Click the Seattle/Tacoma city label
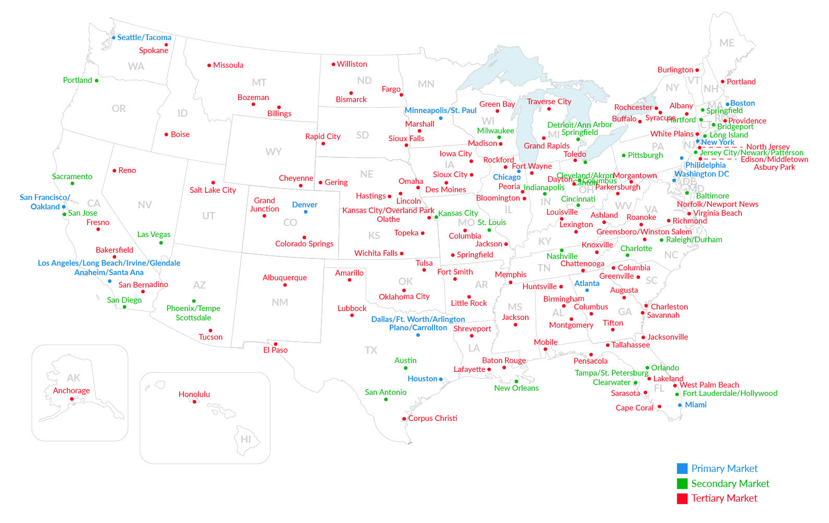coord(144,38)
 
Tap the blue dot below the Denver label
coord(305,212)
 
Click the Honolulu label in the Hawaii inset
coord(194,394)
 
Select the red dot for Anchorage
coord(72,399)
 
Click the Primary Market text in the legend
coord(724,468)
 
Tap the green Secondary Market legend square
coord(682,483)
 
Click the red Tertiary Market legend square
coord(682,499)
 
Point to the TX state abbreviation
coord(370,350)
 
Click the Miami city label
coord(696,405)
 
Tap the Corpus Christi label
coord(432,418)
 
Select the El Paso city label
coord(275,350)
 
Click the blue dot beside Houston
coord(441,379)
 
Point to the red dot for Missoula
coord(209,66)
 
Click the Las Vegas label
coord(154,234)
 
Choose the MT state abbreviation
coord(259,82)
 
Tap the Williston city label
coord(352,64)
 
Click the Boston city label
coord(743,103)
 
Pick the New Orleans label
coord(516,388)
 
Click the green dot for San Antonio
coord(386,400)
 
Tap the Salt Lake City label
coord(213,190)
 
